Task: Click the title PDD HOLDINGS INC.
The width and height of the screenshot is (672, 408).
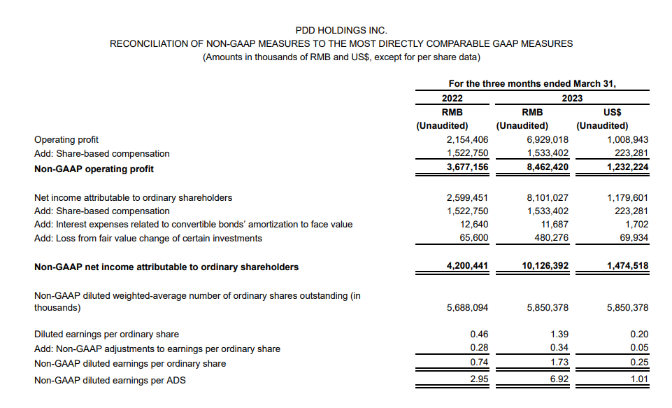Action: click(x=341, y=30)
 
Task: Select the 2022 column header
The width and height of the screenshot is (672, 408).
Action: click(x=452, y=98)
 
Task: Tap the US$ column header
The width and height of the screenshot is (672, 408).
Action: click(x=612, y=112)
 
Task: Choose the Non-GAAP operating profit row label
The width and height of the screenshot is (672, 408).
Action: click(x=94, y=169)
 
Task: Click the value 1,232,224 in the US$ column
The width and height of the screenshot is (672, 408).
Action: click(x=625, y=169)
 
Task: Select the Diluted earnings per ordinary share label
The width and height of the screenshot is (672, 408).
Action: click(x=106, y=334)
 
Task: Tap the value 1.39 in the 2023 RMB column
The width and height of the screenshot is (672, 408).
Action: click(x=559, y=334)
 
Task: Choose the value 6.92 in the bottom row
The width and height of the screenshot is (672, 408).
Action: click(x=559, y=380)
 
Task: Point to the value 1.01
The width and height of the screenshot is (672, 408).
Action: click(x=639, y=380)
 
